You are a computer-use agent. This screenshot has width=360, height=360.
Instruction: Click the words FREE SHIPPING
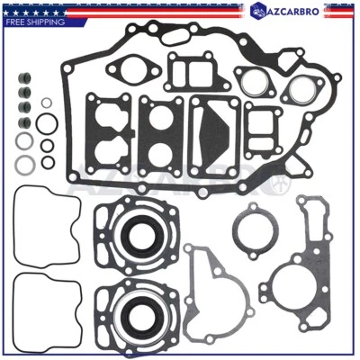tap(33, 22)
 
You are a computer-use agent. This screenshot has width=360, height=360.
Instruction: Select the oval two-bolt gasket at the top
tap(133, 68)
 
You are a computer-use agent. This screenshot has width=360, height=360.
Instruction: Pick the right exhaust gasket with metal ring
tap(301, 87)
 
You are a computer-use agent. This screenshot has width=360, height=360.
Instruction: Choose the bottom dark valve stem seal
tap(23, 121)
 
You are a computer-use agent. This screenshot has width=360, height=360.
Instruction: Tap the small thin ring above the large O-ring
tap(47, 103)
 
